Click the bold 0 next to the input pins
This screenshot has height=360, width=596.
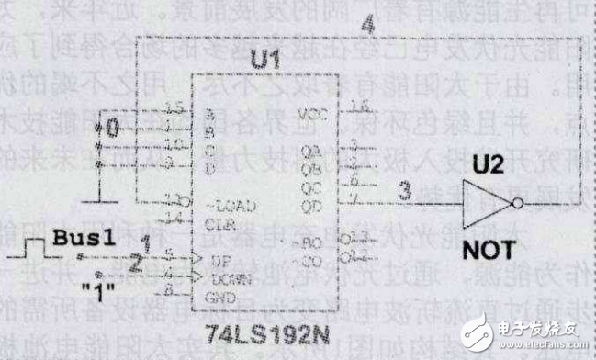coord(113,129)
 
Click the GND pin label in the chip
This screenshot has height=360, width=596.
coord(217,295)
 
